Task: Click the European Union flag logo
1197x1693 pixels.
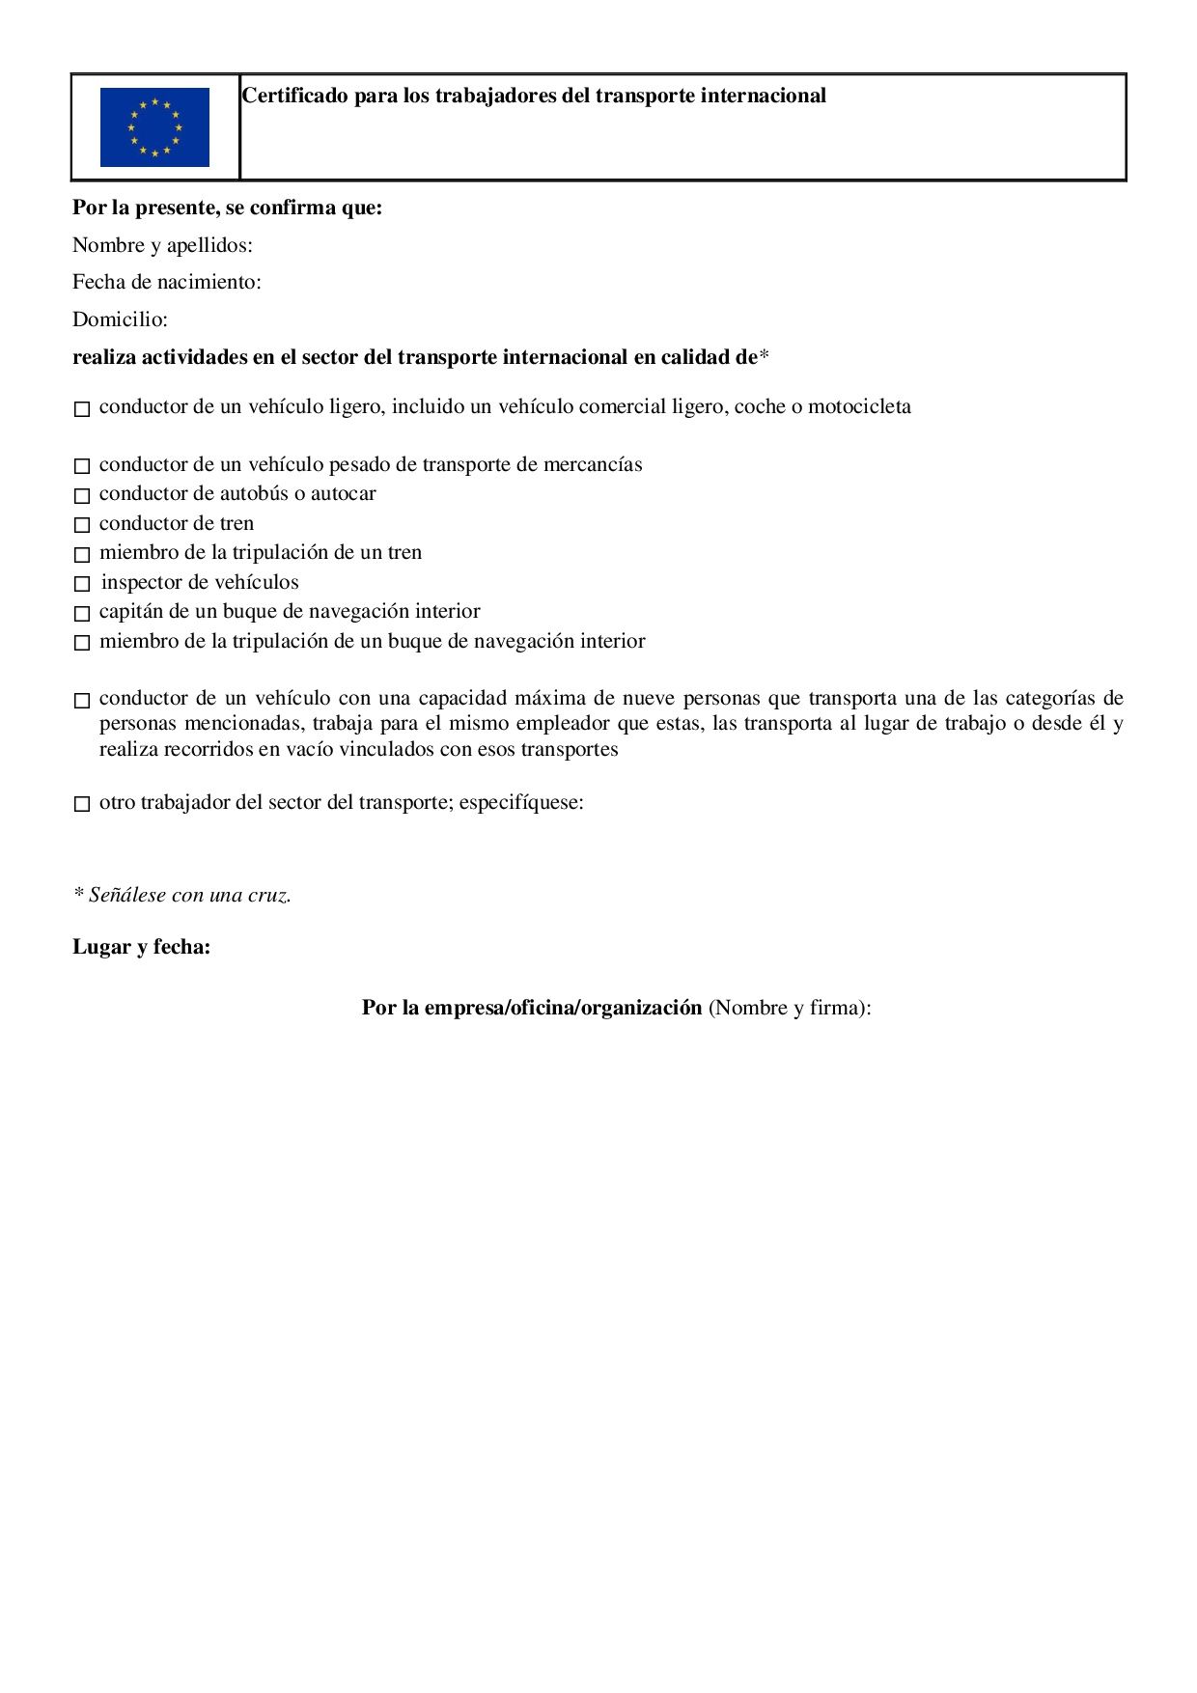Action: point(154,127)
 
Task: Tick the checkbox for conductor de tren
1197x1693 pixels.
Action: point(82,526)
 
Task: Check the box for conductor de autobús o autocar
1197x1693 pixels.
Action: point(82,496)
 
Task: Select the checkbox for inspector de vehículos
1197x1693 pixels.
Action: point(82,585)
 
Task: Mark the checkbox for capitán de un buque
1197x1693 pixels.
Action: point(82,614)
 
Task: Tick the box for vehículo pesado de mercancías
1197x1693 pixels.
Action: point(82,467)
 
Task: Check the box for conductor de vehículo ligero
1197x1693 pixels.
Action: point(82,409)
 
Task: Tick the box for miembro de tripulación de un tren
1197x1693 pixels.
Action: point(82,555)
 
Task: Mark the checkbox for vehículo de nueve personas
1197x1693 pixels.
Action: point(82,701)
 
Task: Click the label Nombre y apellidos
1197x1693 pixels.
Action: point(162,245)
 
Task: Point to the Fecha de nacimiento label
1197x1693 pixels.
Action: point(167,282)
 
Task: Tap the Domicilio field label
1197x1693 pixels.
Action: point(120,319)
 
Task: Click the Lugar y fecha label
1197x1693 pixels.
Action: point(142,947)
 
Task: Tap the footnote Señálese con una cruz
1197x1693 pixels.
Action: point(182,895)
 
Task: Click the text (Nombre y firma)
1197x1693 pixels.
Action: point(790,1008)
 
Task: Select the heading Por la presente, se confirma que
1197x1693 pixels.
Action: point(228,208)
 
